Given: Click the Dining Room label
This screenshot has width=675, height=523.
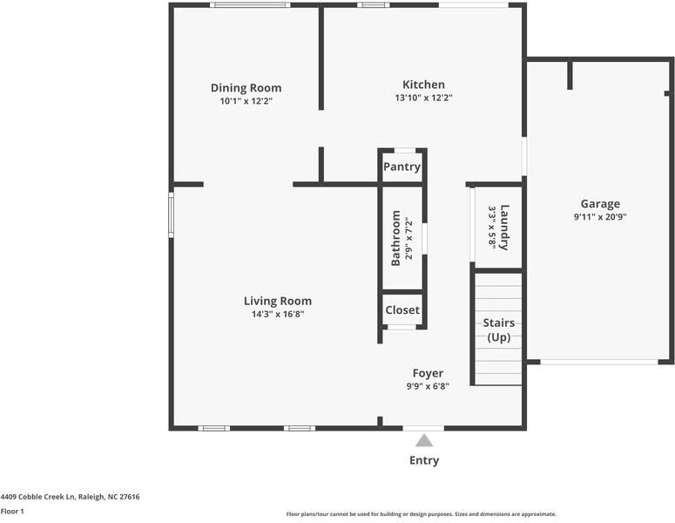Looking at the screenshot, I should click(x=246, y=88).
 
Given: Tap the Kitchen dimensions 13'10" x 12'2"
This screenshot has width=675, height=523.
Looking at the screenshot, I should click(x=423, y=98).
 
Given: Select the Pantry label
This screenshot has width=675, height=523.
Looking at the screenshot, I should click(x=402, y=166).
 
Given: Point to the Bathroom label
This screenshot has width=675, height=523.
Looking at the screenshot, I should click(x=395, y=238).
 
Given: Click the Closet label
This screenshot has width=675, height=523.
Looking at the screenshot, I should click(x=402, y=309).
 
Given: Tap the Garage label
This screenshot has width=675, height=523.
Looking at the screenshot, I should click(x=600, y=204).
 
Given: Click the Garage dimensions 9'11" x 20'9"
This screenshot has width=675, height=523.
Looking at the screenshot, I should click(x=600, y=217).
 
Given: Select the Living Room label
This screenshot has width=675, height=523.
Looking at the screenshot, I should click(x=277, y=301).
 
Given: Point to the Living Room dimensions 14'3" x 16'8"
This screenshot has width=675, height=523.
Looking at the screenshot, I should click(x=277, y=314).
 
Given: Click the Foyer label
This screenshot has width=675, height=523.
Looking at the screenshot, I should click(x=428, y=373).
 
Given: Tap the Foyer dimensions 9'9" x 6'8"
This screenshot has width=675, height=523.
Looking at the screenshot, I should click(x=428, y=386).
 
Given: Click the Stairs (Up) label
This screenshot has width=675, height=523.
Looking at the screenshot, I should click(x=498, y=330).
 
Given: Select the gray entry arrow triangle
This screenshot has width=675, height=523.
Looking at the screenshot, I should click(x=424, y=440).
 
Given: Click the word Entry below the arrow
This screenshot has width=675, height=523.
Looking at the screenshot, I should click(x=424, y=460).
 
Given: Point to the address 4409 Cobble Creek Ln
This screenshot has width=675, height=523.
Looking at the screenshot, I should click(x=70, y=497).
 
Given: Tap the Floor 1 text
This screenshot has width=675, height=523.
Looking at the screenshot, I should click(x=12, y=512).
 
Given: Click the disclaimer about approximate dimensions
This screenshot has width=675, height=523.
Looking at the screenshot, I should click(x=421, y=514).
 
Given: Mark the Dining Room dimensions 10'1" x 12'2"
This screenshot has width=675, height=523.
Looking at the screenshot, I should click(x=246, y=101).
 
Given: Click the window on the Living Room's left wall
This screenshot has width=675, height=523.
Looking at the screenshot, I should click(x=172, y=215).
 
